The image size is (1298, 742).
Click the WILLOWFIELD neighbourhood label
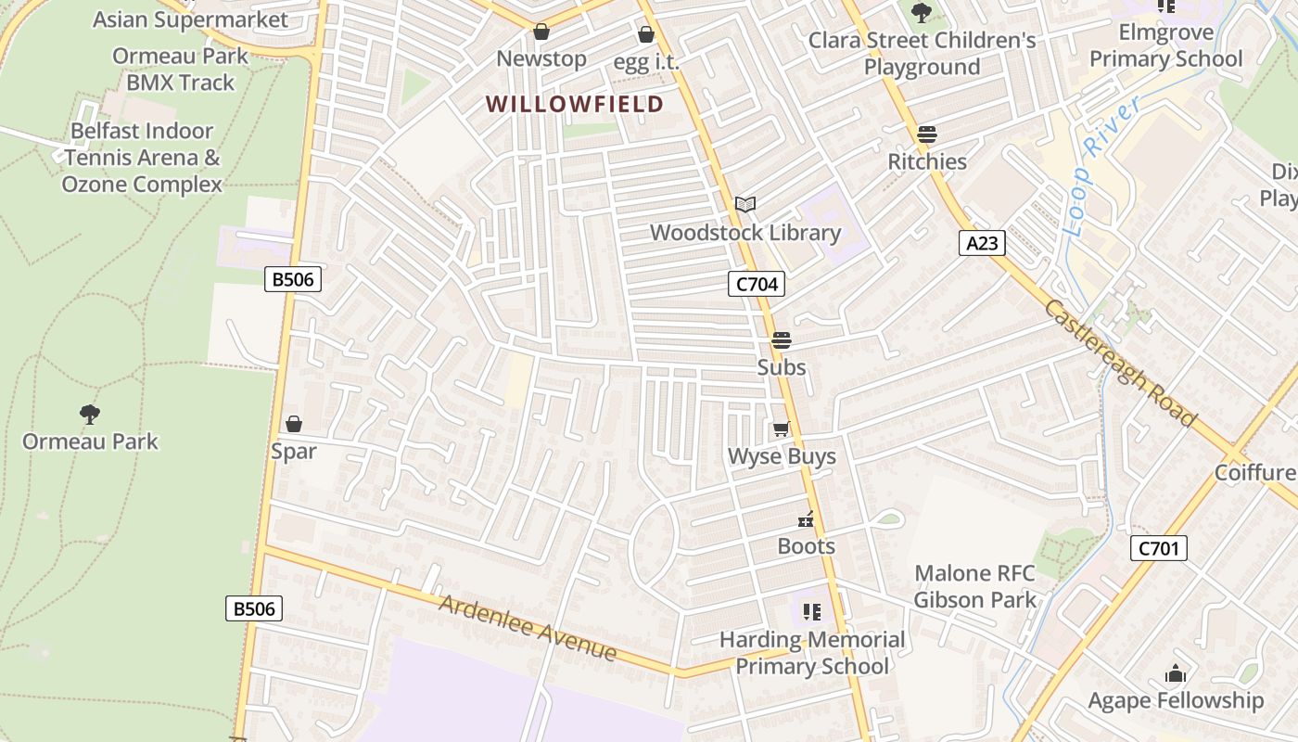tap(575, 104)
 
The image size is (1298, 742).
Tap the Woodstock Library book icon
tap(745, 204)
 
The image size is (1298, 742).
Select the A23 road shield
tap(982, 243)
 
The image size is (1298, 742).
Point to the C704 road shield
tap(756, 284)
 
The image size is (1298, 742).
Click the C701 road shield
tap(1158, 548)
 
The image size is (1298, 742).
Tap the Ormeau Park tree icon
tap(90, 414)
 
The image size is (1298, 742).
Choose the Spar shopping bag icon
tap(294, 424)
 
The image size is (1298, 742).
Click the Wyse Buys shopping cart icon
tap(781, 429)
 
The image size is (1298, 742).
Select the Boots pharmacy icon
tap(807, 519)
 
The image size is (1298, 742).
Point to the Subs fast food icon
tap(782, 340)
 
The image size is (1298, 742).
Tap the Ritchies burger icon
tap(926, 134)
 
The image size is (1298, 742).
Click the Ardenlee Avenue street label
tap(528, 628)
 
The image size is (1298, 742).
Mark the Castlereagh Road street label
tap(1120, 362)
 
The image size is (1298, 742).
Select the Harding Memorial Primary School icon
tap(812, 612)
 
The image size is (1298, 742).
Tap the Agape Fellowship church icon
tap(1176, 673)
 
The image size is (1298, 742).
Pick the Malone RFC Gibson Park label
tap(974, 586)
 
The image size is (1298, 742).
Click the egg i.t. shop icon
tap(646, 35)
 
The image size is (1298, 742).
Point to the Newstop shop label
tap(541, 59)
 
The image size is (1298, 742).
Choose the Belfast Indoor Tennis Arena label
tap(142, 158)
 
